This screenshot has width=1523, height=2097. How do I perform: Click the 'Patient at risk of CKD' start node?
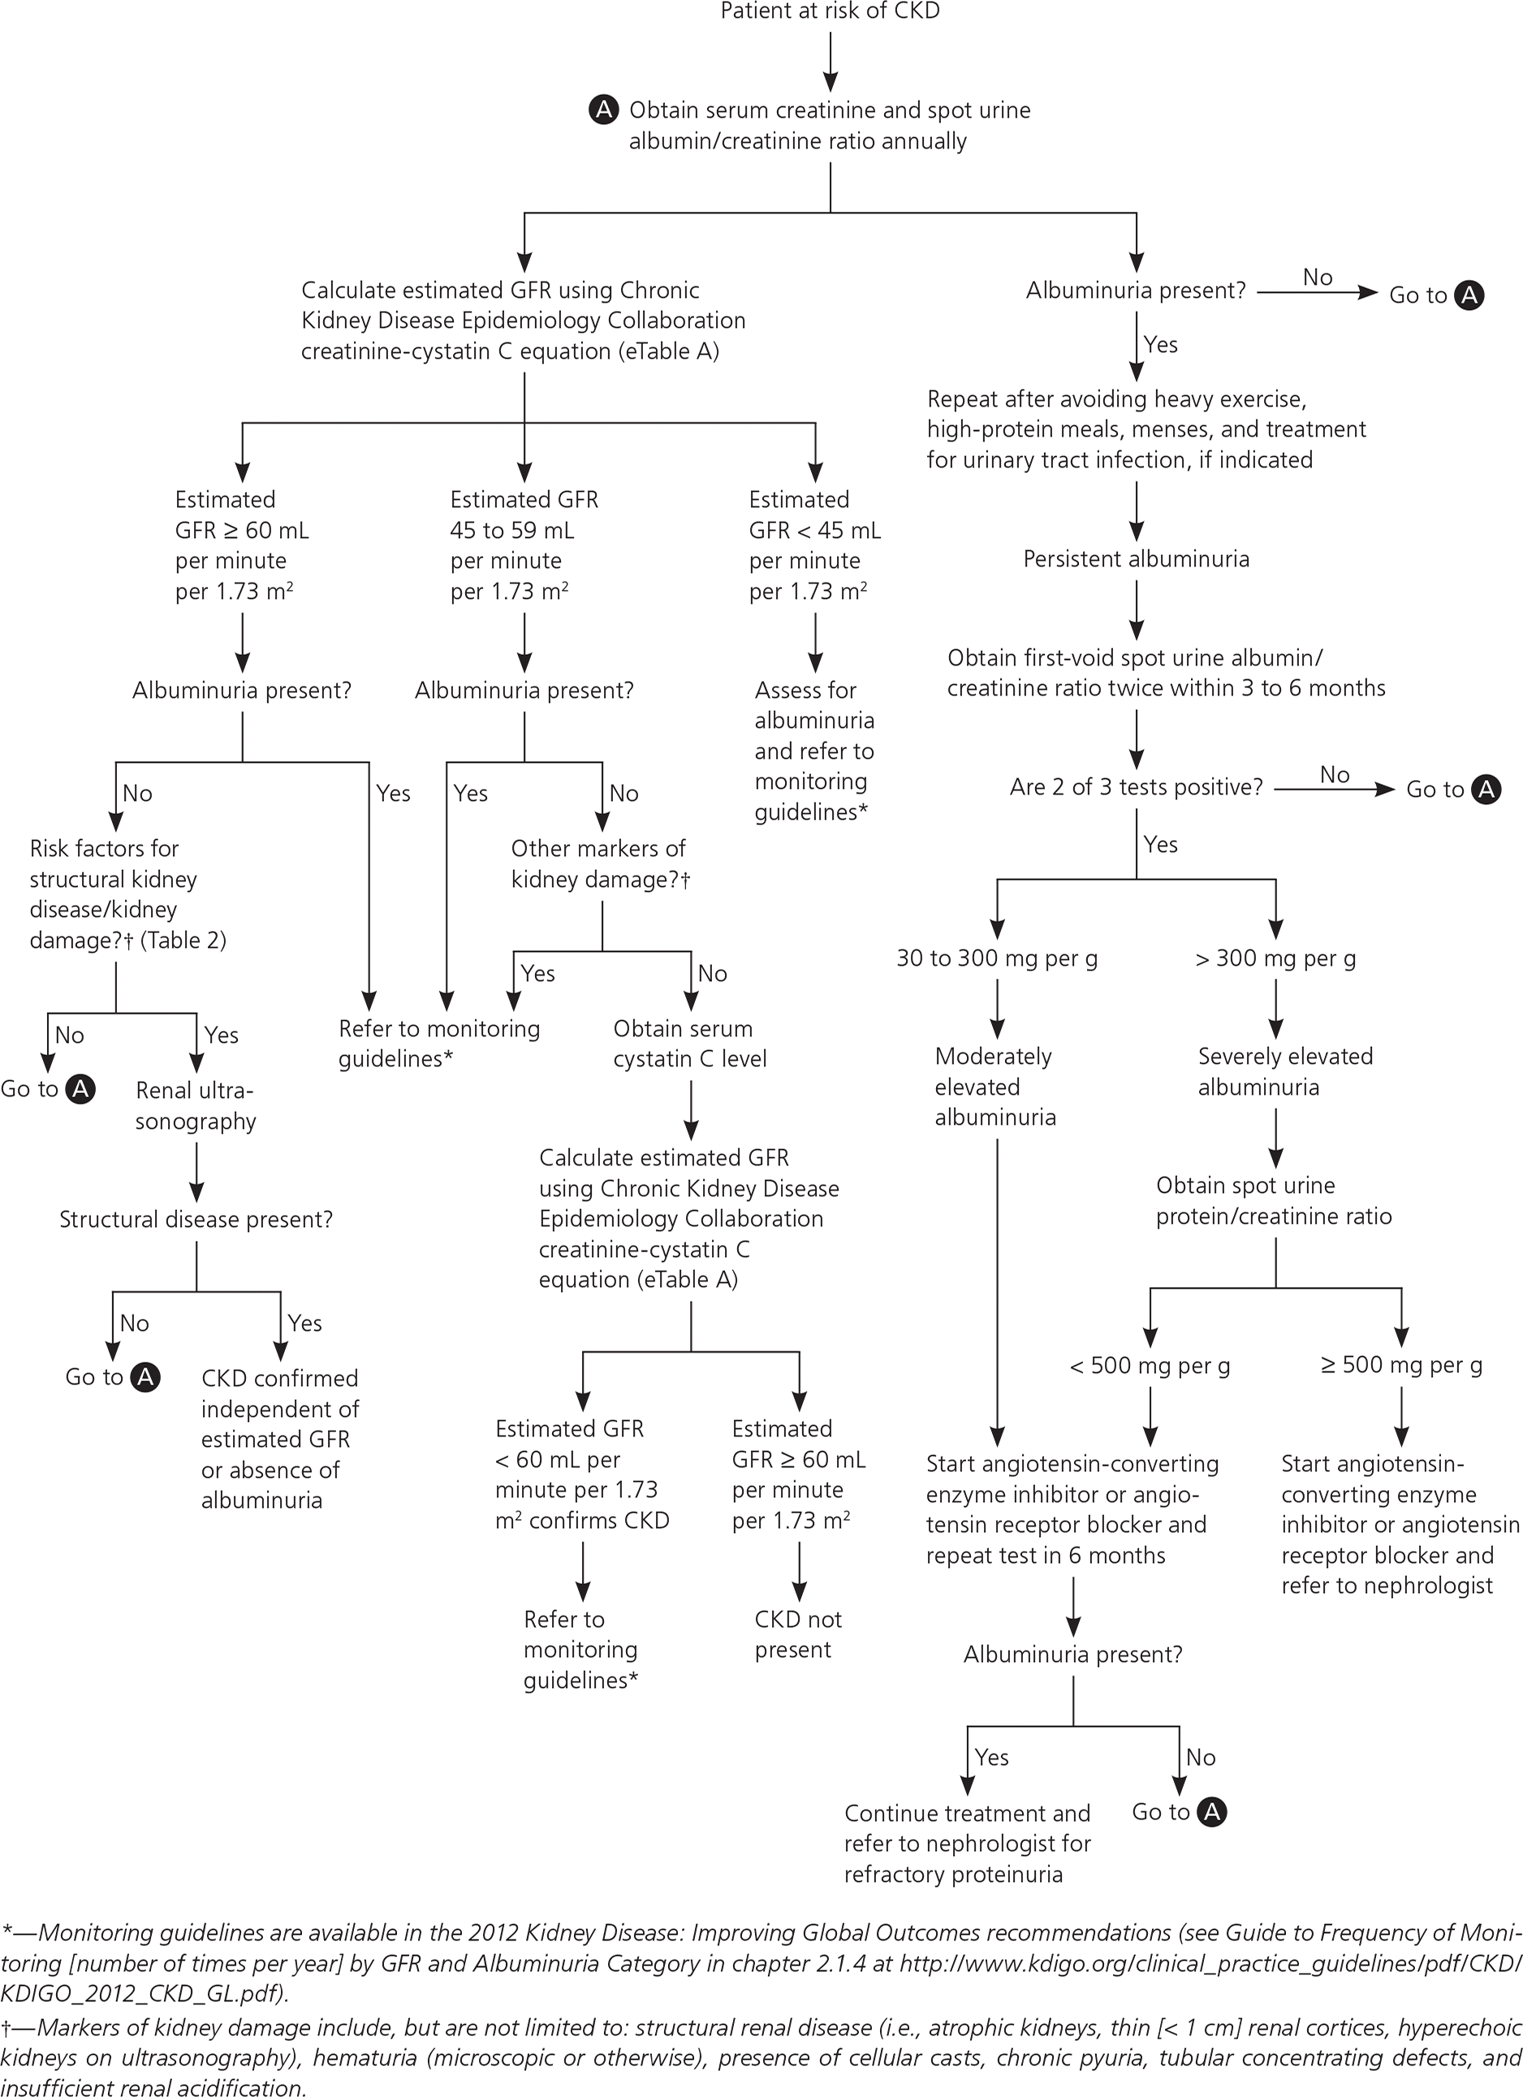[830, 12]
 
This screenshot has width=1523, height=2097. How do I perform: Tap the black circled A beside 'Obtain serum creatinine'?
[603, 110]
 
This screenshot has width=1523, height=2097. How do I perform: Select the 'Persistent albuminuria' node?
[1136, 559]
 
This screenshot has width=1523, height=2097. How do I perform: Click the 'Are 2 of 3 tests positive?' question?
[1136, 788]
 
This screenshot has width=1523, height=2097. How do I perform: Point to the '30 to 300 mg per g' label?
[997, 958]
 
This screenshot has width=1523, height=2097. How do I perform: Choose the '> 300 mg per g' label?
[1275, 958]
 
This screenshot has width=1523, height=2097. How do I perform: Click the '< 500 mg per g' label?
[1150, 1366]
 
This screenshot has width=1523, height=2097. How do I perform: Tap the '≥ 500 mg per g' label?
[1401, 1366]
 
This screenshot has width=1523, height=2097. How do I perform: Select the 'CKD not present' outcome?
[797, 1634]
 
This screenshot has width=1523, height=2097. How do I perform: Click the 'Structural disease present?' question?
[196, 1220]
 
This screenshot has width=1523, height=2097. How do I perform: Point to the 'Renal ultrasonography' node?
[195, 1106]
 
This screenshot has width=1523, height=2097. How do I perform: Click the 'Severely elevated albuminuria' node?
[1284, 1071]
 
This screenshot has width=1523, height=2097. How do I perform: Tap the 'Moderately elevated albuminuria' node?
[994, 1087]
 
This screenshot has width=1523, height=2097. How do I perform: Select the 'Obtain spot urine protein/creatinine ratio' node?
[1273, 1201]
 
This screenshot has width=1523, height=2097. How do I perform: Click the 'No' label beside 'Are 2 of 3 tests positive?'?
[1335, 775]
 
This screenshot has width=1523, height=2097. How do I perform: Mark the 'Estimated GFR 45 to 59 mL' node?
[524, 545]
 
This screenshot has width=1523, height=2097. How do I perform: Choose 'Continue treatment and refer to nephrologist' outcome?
[967, 1844]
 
